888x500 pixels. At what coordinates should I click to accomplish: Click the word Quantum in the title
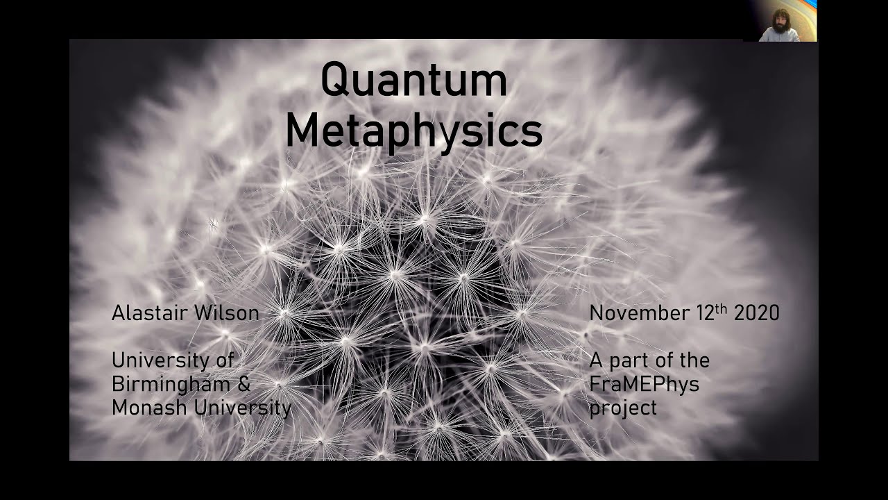(x=413, y=80)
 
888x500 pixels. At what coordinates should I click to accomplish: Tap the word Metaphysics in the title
(x=413, y=131)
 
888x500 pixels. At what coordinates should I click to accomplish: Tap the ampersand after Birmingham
(x=244, y=384)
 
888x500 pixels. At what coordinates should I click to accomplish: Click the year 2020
(x=756, y=313)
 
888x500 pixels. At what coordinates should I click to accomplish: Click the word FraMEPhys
(x=644, y=384)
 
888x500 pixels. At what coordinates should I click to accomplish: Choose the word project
(x=622, y=408)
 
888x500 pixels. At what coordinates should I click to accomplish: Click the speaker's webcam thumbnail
(x=780, y=22)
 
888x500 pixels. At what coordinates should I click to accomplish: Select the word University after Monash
(x=242, y=408)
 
